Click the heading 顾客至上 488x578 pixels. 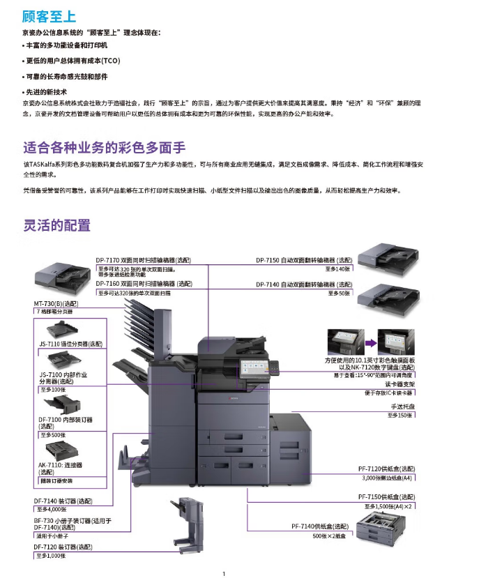coord(49,17)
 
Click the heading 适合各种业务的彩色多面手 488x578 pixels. coord(105,147)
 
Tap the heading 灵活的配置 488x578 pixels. coord(57,225)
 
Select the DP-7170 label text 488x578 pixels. coord(144,260)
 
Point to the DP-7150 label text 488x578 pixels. coord(304,260)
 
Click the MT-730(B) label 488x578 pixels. coord(56,304)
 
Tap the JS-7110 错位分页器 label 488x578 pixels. coord(71,344)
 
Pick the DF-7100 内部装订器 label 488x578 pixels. coord(66,423)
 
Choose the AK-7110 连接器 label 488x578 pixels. coord(60,469)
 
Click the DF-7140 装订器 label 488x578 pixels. coord(63,501)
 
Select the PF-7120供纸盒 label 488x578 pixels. coord(387,469)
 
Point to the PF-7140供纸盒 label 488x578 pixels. coord(320,526)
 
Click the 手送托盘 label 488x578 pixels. coord(403,406)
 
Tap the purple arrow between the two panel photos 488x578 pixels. coord(371,343)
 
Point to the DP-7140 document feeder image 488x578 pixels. coord(388,300)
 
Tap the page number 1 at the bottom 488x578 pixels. coord(224,574)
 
